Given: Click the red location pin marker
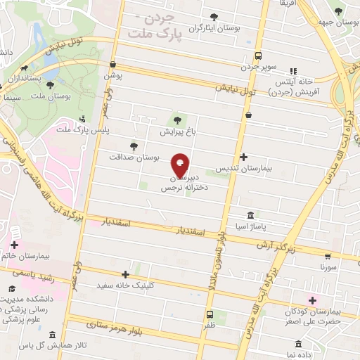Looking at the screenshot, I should click(180, 166).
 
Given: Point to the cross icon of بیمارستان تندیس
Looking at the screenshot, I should click(243, 157).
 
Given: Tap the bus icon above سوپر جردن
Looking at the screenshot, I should click(258, 56).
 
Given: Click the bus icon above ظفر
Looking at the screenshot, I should click(210, 314).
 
